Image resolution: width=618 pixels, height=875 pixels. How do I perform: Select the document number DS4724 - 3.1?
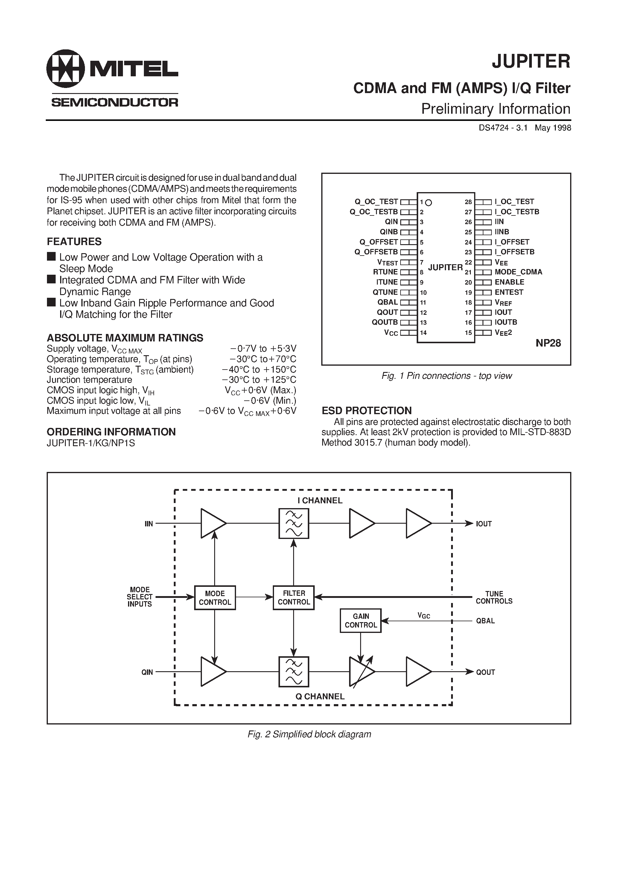503,128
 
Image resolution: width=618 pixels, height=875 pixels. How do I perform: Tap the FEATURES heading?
74,241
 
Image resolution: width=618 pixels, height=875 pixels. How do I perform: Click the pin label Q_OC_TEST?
376,202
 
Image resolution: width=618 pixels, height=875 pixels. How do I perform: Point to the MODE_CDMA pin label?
518,272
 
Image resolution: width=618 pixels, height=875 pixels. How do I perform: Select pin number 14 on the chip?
423,333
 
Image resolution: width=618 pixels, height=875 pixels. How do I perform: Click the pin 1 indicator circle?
428,203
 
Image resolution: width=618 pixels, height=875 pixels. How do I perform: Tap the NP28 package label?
548,343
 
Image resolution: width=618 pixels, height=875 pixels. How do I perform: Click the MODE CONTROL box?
215,598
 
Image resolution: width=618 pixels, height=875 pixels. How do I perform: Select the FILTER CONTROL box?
294,598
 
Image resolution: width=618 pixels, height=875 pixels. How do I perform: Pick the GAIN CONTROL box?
360,620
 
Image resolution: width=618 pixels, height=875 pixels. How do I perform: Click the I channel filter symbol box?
294,524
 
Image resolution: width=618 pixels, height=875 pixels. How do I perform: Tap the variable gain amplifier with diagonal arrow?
362,672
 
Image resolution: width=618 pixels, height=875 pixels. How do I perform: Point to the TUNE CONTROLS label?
494,598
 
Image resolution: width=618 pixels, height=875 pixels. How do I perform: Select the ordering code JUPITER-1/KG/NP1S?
91,443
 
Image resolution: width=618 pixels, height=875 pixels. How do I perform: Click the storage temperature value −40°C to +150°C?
259,370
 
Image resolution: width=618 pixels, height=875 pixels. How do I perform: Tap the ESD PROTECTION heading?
366,411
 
